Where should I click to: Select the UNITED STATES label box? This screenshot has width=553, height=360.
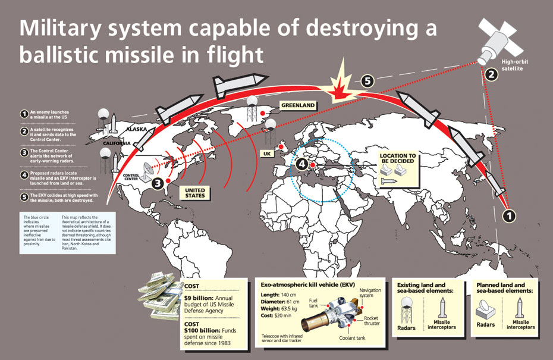point(194,192)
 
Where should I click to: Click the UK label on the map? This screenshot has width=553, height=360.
point(267,154)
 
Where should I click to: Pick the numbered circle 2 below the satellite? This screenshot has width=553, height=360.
point(491,74)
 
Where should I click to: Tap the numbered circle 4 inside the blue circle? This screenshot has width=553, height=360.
point(303,163)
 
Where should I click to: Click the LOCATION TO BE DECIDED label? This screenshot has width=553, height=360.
point(398,159)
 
